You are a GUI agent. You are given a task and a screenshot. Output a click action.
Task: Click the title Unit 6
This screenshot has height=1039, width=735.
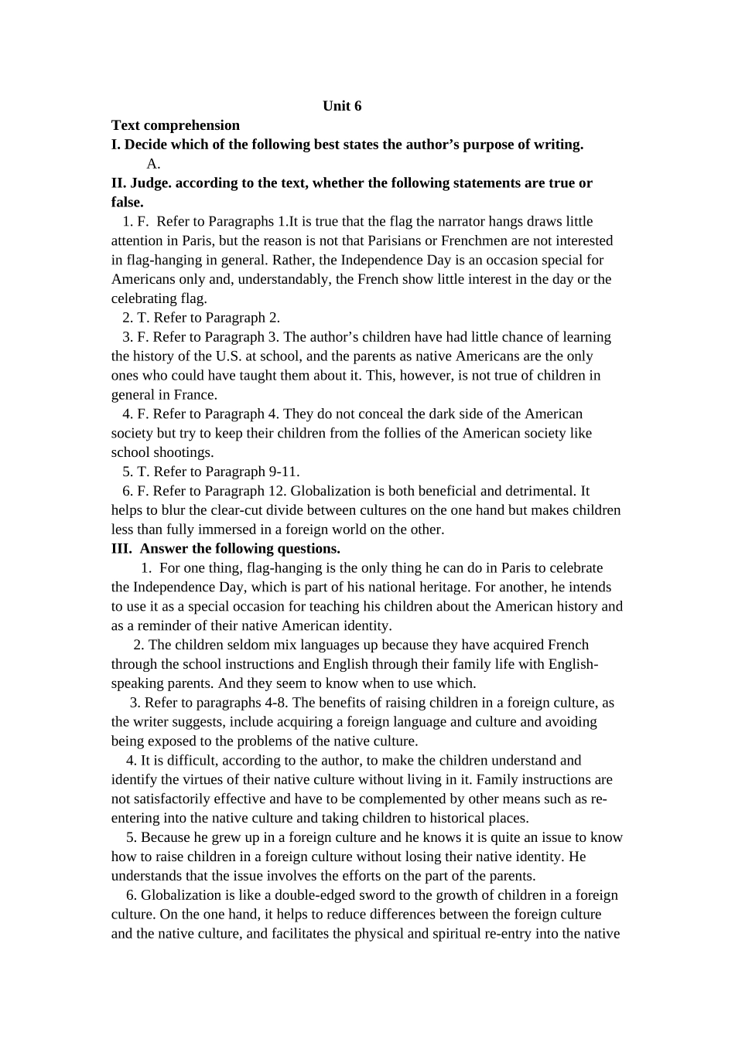pyautogui.click(x=342, y=106)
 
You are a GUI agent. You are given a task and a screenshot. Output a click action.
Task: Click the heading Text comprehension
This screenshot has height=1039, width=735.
pyautogui.click(x=176, y=125)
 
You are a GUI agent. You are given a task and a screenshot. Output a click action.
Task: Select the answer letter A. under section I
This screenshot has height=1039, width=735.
pyautogui.click(x=153, y=163)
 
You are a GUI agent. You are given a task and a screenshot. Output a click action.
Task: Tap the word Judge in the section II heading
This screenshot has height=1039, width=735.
pyautogui.click(x=150, y=183)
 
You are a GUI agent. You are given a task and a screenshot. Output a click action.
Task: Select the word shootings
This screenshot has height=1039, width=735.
pyautogui.click(x=183, y=452)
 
